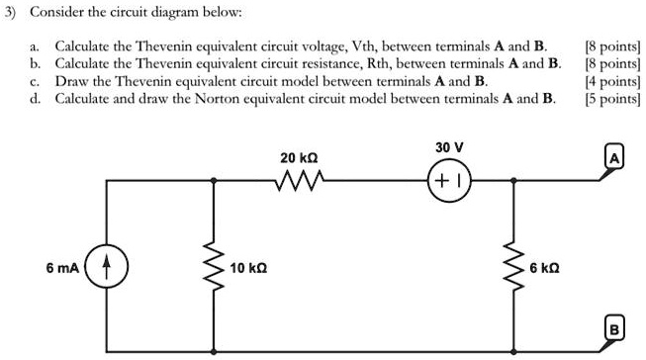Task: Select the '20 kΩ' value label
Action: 299,157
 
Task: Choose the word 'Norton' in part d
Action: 268,99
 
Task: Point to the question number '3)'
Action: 12,15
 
